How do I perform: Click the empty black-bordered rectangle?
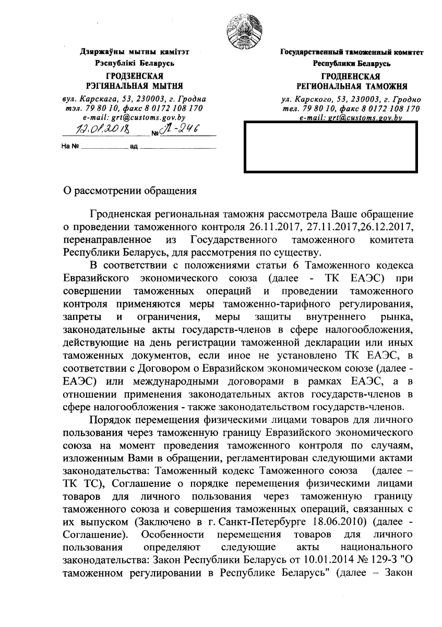point(330,147)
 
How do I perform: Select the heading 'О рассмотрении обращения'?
point(129,191)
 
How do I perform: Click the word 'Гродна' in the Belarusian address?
point(192,98)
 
